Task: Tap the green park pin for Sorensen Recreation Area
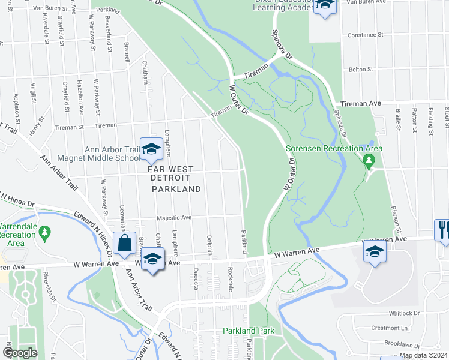point(369,160)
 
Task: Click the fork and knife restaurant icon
point(442,229)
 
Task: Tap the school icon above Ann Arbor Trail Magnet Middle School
point(151,149)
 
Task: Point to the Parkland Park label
point(249,331)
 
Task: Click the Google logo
point(20,352)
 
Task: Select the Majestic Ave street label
point(174,218)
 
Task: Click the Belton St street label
point(361,70)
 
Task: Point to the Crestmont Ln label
point(403,328)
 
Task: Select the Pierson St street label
point(396,217)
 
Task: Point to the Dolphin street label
point(210,245)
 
